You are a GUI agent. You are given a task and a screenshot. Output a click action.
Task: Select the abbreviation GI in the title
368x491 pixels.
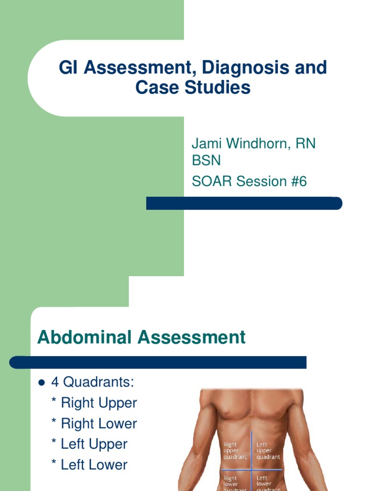click(69, 68)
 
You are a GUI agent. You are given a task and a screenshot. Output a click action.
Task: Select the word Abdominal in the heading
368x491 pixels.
click(85, 337)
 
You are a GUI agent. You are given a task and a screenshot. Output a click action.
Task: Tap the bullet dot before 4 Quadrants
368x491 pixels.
click(41, 383)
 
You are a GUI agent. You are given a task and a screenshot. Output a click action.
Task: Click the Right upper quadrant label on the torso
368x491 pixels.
click(235, 451)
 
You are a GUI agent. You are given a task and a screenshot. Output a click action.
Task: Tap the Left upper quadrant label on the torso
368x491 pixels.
click(267, 451)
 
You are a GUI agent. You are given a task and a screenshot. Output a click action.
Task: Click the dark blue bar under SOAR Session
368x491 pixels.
click(244, 203)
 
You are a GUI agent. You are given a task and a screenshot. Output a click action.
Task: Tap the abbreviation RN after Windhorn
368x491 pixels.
click(307, 143)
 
